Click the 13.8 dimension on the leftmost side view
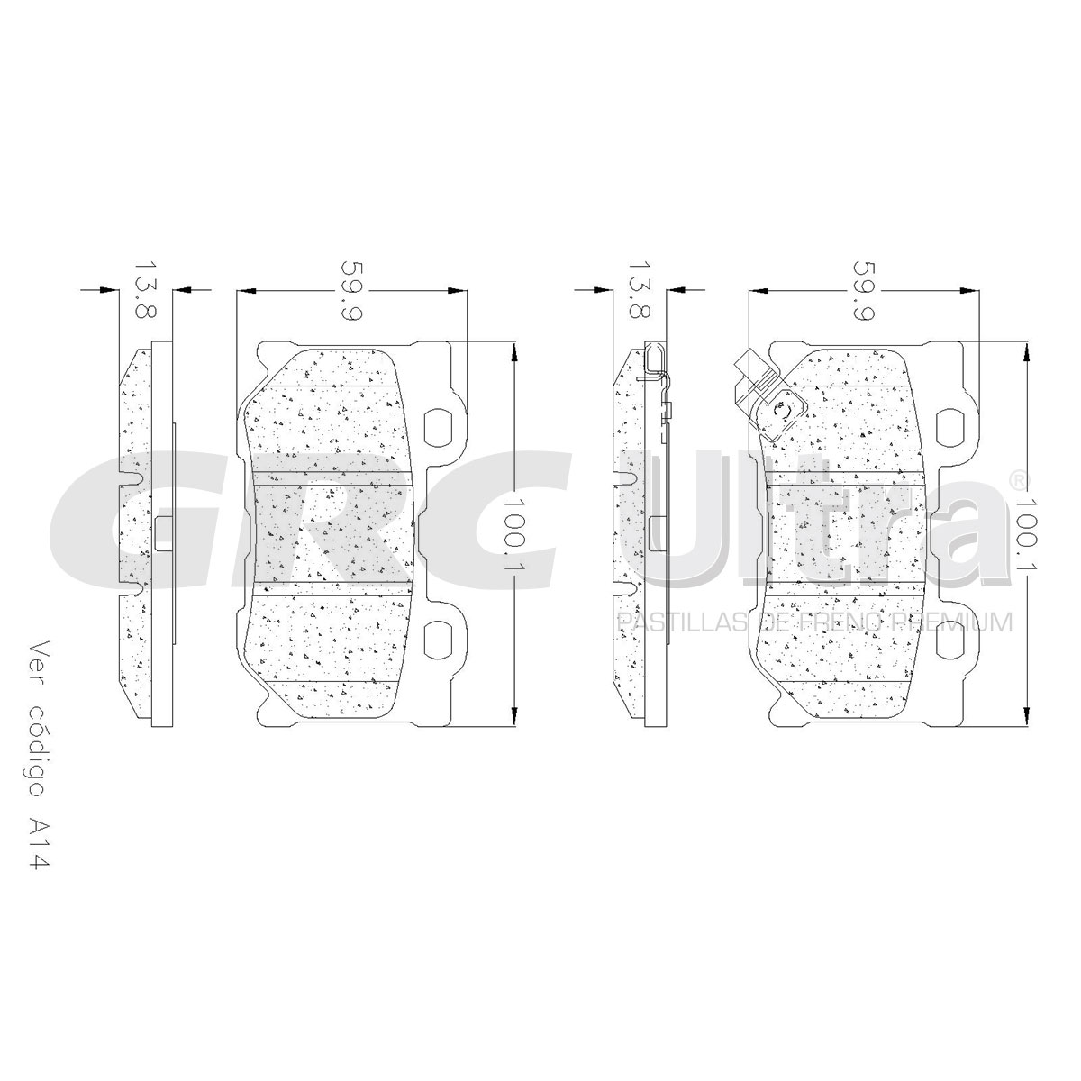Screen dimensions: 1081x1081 click(145, 290)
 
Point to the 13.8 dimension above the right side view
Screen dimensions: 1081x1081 click(640, 290)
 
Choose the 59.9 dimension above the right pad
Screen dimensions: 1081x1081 click(864, 290)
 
